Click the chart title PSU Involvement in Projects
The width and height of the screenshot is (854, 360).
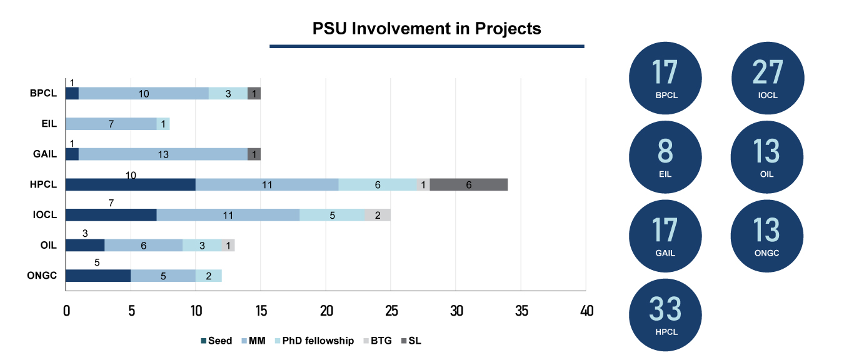click(x=426, y=29)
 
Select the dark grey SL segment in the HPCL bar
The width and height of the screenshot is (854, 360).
click(x=468, y=184)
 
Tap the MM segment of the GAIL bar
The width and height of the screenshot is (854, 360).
click(x=163, y=154)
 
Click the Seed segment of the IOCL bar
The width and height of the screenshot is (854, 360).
click(x=111, y=215)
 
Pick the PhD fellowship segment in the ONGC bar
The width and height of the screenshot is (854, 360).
click(x=208, y=276)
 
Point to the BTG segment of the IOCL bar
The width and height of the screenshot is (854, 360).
click(x=378, y=215)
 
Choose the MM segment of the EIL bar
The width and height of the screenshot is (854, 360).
click(x=111, y=124)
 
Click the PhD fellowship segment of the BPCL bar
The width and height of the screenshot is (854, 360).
click(x=228, y=93)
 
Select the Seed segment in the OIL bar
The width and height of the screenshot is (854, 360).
click(x=85, y=246)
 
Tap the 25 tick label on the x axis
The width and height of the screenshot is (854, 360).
click(x=391, y=311)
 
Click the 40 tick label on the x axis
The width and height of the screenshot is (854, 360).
click(x=586, y=311)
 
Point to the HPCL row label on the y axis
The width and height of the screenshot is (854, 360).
click(x=44, y=184)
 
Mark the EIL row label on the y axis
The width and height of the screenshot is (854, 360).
click(x=48, y=124)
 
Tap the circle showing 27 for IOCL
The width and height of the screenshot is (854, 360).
click(x=767, y=78)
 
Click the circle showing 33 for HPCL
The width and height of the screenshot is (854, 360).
click(x=665, y=314)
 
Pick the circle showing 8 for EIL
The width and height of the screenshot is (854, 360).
click(x=665, y=157)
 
